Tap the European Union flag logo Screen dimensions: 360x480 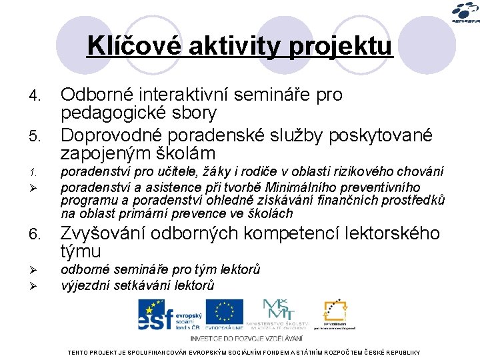[x=225, y=313]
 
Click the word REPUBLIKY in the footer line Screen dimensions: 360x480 [x=398, y=352]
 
